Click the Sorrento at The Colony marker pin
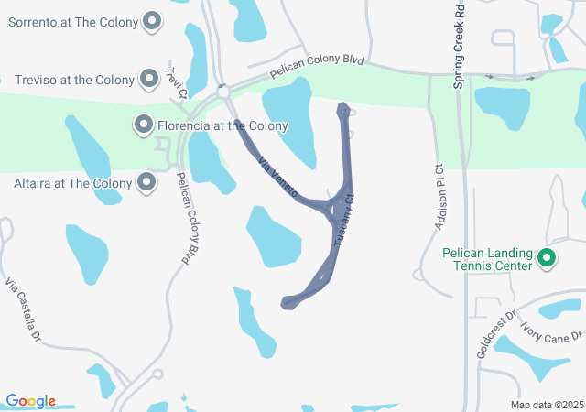point(153,20)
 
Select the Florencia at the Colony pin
point(143,125)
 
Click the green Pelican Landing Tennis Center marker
point(547,259)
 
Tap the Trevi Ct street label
point(177,81)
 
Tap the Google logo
point(30,401)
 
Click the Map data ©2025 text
point(546,405)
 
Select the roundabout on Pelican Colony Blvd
point(222,92)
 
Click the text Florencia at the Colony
point(222,125)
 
